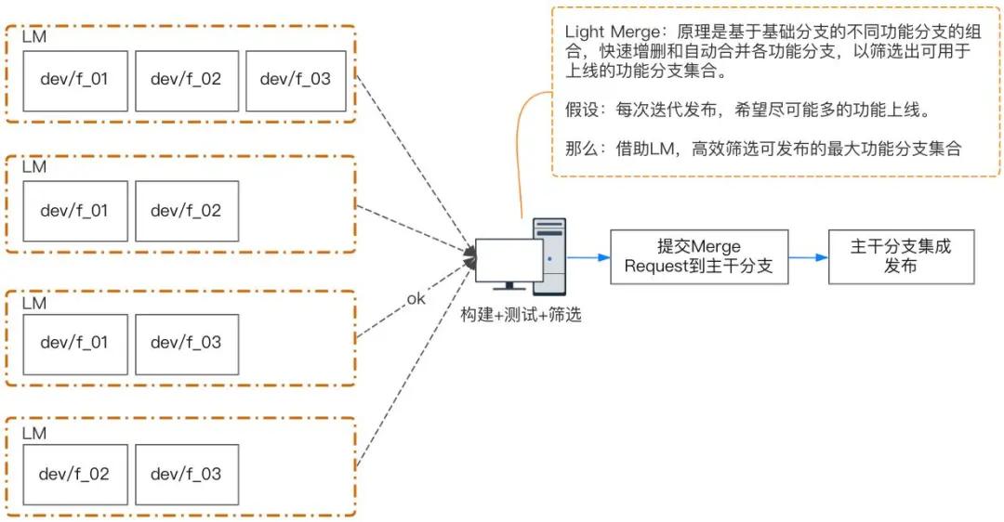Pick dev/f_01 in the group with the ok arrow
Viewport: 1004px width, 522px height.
point(74,344)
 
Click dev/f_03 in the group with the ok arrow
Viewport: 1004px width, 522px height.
point(186,344)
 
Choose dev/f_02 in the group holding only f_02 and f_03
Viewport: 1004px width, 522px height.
point(74,475)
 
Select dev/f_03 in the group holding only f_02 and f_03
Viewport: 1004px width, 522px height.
point(186,475)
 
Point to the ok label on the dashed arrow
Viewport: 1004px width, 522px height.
point(416,299)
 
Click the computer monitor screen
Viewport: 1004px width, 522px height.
point(509,259)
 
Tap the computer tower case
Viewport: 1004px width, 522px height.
point(549,254)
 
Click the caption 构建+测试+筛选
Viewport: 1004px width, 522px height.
point(521,315)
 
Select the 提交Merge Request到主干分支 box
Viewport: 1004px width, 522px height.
point(699,256)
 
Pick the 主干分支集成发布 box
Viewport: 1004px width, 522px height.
point(901,256)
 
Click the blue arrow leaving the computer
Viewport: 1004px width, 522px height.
point(588,256)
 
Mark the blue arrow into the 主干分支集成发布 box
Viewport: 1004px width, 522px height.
point(808,256)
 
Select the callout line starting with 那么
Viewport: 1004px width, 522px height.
point(762,149)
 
